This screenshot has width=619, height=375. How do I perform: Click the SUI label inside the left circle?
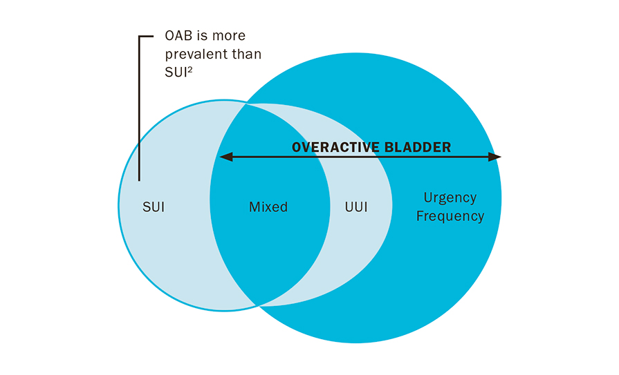(153, 207)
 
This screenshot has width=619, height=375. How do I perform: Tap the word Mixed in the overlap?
(268, 207)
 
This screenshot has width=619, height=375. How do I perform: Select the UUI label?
(356, 207)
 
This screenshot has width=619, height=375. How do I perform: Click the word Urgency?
(450, 198)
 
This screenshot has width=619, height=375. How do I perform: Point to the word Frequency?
(450, 216)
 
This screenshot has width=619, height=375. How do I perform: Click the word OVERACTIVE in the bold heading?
(335, 148)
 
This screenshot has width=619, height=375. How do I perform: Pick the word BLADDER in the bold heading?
(417, 148)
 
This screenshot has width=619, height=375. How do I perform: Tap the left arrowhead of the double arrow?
(226, 157)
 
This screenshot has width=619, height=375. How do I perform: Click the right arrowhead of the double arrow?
(495, 157)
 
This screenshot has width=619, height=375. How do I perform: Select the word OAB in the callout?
(178, 35)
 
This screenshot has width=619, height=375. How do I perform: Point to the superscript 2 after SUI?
(190, 69)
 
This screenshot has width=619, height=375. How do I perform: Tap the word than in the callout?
(247, 54)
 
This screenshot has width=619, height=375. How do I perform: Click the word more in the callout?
(228, 37)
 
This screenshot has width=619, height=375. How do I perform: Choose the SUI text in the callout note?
(176, 73)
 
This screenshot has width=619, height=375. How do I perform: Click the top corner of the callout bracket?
(139, 37)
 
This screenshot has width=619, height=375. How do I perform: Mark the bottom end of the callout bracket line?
(139, 180)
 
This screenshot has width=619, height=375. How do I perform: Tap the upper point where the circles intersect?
(246, 104)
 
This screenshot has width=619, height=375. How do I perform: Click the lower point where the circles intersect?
(257, 306)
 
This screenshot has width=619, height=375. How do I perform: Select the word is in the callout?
(202, 35)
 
